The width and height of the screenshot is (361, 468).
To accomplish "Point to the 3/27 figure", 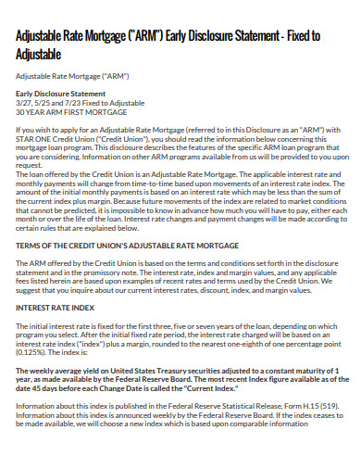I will point(26,103).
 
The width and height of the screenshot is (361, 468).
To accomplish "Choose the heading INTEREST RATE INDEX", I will point(56,307).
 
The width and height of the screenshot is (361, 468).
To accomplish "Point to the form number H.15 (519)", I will point(319,406).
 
